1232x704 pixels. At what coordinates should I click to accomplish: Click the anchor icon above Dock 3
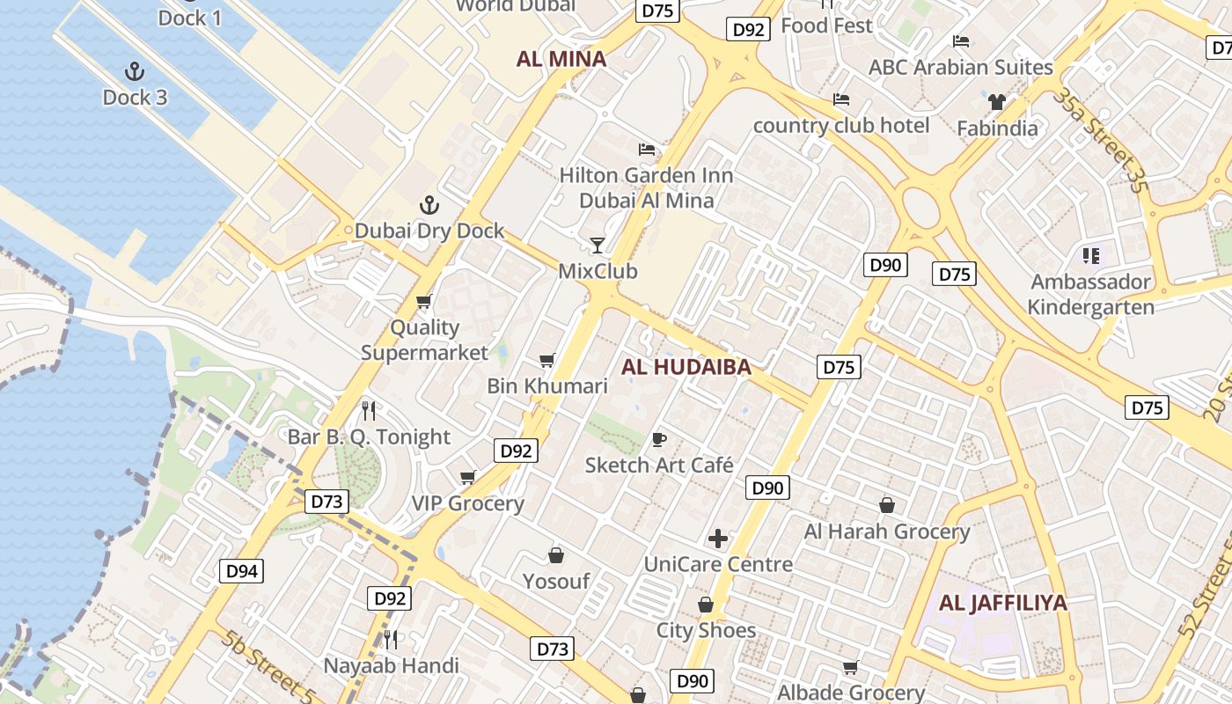(x=135, y=71)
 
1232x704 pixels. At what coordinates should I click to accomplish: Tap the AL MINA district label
(x=561, y=59)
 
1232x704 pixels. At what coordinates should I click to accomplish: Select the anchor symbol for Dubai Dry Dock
(x=429, y=206)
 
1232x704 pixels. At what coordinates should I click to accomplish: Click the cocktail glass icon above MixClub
(x=598, y=245)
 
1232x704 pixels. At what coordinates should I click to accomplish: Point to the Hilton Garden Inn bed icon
(x=647, y=150)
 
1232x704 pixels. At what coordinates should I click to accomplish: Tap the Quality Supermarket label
(x=424, y=340)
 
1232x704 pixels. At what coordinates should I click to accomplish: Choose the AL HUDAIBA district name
(x=686, y=367)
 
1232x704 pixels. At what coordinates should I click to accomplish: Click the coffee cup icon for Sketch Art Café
(x=659, y=439)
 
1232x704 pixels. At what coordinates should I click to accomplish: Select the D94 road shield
(x=241, y=571)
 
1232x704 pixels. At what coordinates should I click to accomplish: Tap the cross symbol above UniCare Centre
(x=718, y=538)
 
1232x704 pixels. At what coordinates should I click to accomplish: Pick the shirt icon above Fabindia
(x=996, y=102)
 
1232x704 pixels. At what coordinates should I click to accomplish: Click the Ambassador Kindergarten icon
(x=1091, y=256)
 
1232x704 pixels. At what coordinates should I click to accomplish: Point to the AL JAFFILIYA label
(x=1003, y=603)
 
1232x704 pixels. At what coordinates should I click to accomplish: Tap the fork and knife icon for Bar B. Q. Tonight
(x=369, y=410)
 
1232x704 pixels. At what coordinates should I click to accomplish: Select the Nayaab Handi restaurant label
(x=392, y=665)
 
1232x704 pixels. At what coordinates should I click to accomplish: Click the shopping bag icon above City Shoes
(x=706, y=605)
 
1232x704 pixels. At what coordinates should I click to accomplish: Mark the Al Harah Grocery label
(x=887, y=532)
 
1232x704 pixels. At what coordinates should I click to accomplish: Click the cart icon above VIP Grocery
(x=467, y=477)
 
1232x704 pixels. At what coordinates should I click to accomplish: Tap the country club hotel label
(x=841, y=126)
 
